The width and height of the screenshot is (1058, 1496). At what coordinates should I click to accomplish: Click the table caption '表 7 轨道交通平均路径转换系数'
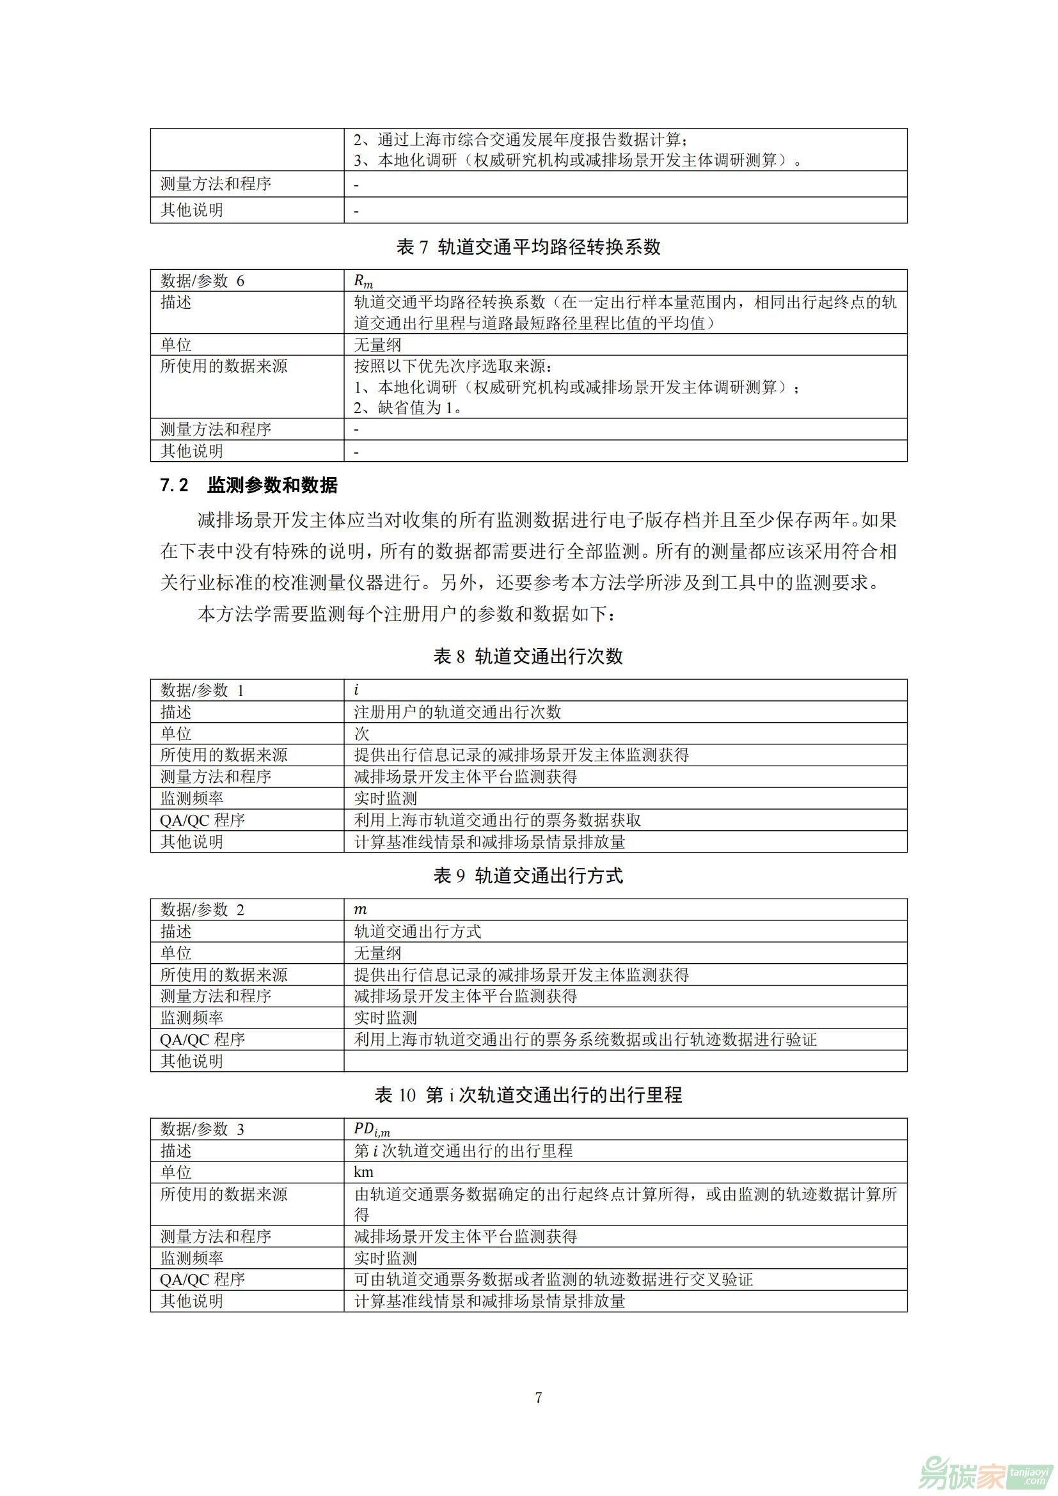pyautogui.click(x=528, y=247)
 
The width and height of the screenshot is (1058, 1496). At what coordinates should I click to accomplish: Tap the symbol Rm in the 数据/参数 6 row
pyautogui.click(x=363, y=281)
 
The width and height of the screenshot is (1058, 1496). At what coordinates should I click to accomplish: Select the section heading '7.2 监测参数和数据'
pyautogui.click(x=249, y=485)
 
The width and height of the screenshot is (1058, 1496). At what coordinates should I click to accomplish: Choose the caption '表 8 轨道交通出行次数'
pyautogui.click(x=528, y=656)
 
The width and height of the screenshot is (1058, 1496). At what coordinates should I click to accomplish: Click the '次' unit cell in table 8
pyautogui.click(x=361, y=734)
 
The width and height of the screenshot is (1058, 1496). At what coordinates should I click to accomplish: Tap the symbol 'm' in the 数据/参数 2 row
pyautogui.click(x=360, y=909)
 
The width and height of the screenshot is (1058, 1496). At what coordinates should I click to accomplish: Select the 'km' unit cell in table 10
pyautogui.click(x=363, y=1172)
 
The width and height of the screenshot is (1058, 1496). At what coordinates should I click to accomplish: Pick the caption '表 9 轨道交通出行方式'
pyautogui.click(x=528, y=876)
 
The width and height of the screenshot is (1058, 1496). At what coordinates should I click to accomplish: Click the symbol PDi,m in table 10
pyautogui.click(x=372, y=1129)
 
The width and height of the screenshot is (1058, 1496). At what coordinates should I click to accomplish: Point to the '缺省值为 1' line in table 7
pyautogui.click(x=409, y=408)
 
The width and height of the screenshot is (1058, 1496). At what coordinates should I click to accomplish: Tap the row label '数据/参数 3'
pyautogui.click(x=203, y=1129)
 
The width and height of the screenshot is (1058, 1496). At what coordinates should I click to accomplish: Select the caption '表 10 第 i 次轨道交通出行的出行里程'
pyautogui.click(x=528, y=1095)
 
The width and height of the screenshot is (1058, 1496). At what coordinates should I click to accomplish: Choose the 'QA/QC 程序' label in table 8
pyautogui.click(x=203, y=821)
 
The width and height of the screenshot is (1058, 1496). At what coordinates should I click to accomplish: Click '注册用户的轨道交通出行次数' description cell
pyautogui.click(x=457, y=712)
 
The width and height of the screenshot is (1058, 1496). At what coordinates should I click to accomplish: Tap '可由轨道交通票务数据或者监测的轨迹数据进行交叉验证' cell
pyautogui.click(x=553, y=1279)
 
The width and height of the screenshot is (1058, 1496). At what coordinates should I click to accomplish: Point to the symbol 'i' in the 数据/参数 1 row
pyautogui.click(x=356, y=690)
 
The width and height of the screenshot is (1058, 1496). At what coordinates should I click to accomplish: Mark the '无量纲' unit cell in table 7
pyautogui.click(x=377, y=345)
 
